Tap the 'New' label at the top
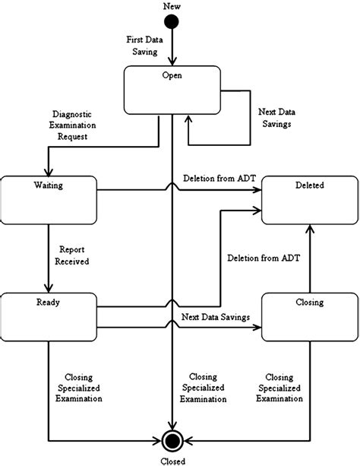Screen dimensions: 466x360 (x=173, y=6)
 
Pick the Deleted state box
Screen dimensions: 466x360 (x=310, y=200)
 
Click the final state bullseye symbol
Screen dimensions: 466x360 (x=174, y=440)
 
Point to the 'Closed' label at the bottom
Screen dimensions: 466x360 (x=174, y=460)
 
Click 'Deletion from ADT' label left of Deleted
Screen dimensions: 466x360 (x=218, y=178)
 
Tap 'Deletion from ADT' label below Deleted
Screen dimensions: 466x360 (x=264, y=258)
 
